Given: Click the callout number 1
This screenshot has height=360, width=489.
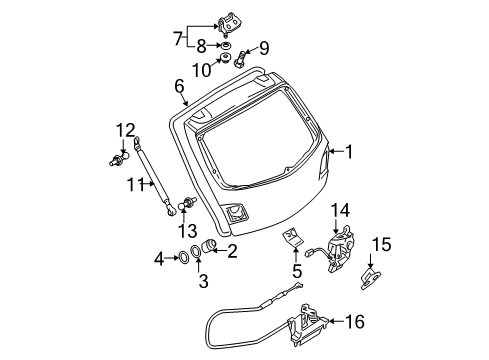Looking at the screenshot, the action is (x=349, y=152).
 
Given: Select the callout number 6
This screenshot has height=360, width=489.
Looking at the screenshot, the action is (x=179, y=86).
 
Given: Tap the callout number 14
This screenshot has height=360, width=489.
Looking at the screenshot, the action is (x=340, y=211).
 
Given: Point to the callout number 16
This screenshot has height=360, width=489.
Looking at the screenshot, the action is (x=355, y=322).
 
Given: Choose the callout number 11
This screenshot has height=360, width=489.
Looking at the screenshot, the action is (x=136, y=184).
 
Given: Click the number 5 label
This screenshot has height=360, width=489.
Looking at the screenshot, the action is (x=296, y=271).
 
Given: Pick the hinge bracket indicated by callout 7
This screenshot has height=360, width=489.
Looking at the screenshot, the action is (x=230, y=24).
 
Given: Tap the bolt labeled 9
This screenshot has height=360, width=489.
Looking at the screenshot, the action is (x=240, y=58).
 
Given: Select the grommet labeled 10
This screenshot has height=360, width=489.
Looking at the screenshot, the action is (x=226, y=58).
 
